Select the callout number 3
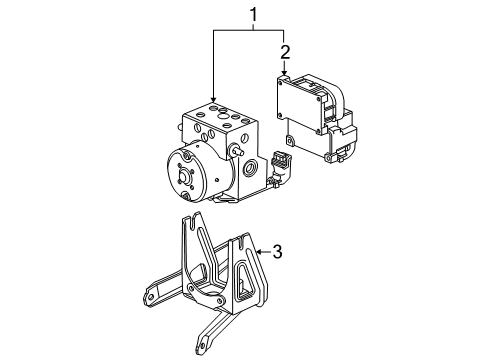click(x=278, y=253)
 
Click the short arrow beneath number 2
click(x=285, y=69)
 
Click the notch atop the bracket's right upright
click(x=241, y=239)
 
